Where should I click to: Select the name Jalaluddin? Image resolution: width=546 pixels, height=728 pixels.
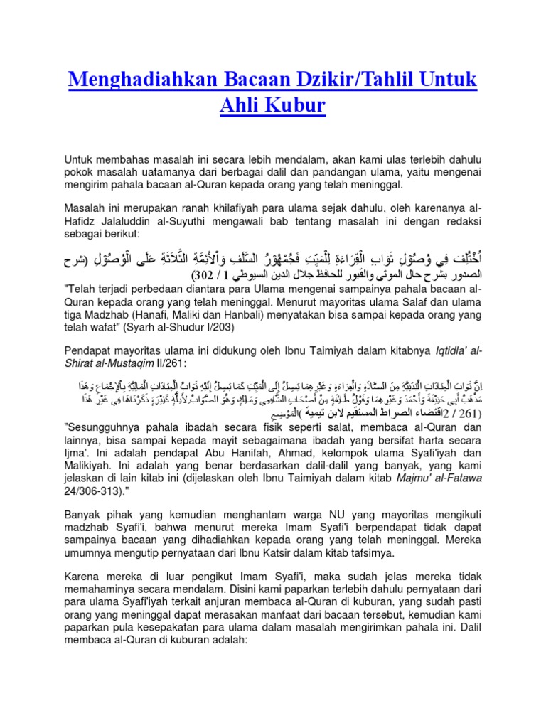click(x=129, y=220)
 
